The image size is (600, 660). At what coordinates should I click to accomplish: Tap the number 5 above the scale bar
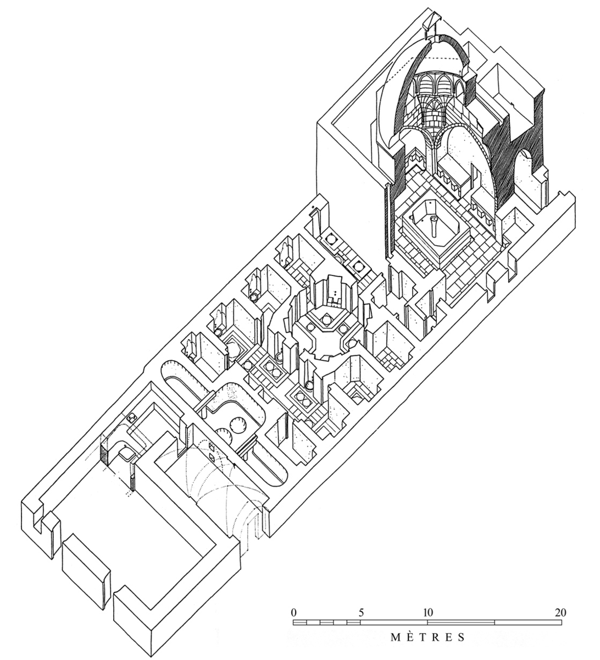pyautogui.click(x=361, y=612)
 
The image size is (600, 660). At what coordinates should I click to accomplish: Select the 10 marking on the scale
pyautogui.click(x=427, y=612)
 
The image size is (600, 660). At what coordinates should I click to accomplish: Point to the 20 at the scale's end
pyautogui.click(x=560, y=612)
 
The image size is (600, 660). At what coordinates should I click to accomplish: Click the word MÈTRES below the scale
pyautogui.click(x=428, y=638)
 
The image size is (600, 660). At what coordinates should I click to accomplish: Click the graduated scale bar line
pyautogui.click(x=427, y=623)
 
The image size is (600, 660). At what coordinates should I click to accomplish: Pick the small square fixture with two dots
pyautogui.click(x=131, y=418)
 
